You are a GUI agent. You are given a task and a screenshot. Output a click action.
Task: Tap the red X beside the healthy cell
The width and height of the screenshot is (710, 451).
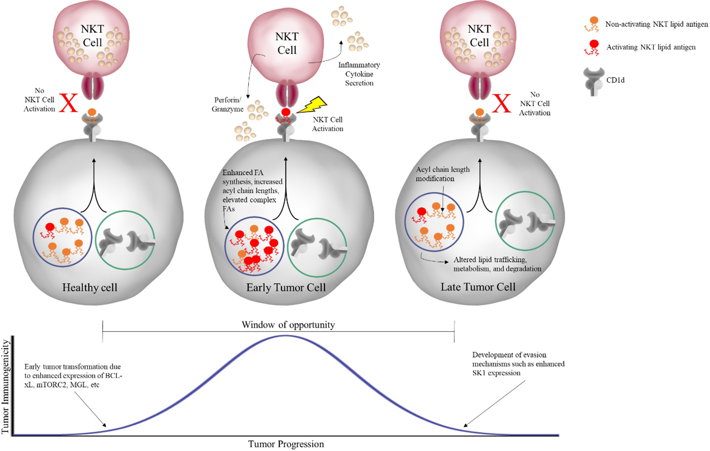coord(69,103)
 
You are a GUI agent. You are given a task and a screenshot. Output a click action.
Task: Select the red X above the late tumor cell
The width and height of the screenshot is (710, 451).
coord(502,103)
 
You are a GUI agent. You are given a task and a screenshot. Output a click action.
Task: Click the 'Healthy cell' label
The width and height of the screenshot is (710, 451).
coord(90,287)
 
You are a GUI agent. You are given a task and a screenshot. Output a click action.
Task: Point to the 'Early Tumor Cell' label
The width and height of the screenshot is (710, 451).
coord(286,287)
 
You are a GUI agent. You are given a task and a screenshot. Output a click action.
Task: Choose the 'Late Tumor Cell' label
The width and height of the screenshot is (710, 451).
coord(478,287)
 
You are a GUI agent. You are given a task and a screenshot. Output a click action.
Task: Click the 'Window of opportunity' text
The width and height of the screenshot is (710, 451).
coord(288,325)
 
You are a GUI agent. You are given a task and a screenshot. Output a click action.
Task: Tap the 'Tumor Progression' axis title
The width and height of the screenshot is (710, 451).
coord(286,444)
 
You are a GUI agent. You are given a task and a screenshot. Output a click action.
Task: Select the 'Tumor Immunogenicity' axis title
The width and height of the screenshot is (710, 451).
coord(5,387)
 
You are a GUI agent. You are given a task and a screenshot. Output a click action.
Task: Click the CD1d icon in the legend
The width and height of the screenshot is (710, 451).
coord(594,82)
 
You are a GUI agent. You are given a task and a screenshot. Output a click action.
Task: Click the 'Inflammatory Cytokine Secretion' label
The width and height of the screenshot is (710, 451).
coord(359,74)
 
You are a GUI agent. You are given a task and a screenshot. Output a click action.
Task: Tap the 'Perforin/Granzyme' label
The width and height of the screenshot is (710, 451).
coord(227,104)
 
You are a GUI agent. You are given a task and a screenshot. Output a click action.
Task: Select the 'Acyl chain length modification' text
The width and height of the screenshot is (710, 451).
coord(442,174)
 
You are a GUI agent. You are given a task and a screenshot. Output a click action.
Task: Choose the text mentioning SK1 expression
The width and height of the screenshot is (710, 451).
coord(518,364)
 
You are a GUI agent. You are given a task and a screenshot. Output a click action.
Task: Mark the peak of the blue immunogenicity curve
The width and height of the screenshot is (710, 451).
coord(286,336)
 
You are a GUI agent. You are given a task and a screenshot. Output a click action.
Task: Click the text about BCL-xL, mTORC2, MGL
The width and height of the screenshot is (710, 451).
coord(73,376)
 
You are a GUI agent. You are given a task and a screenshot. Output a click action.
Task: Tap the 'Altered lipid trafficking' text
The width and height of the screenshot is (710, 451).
coord(497,264)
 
